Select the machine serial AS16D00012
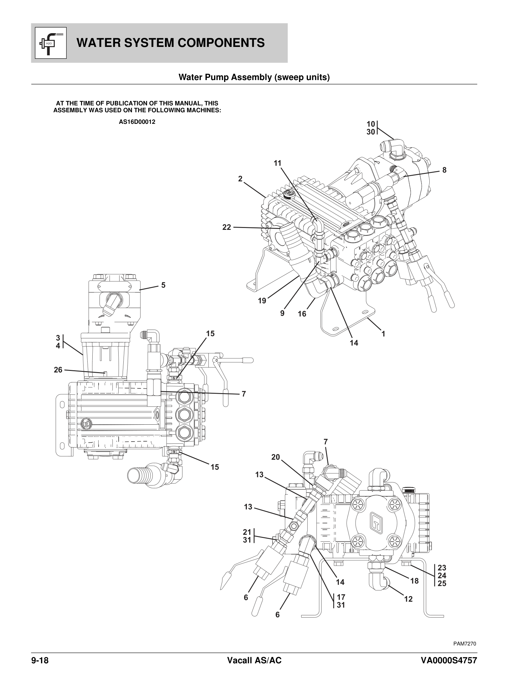137,122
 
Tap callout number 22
227,227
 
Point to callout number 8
444,170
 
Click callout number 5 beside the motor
163,285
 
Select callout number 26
58,370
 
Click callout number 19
262,301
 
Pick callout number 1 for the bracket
383,334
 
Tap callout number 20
275,457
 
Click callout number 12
408,599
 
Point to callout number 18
414,581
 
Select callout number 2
240,179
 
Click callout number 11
277,163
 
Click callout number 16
302,314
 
